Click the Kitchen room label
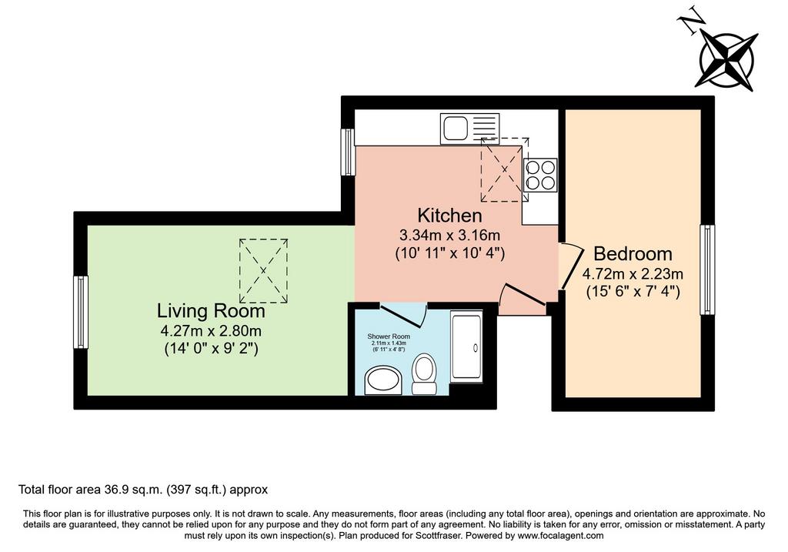tap(449, 215)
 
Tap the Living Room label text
tap(211, 311)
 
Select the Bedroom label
tap(633, 254)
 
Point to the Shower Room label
tap(389, 336)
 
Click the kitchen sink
tap(470, 129)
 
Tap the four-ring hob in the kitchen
tap(541, 175)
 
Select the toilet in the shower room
tap(424, 374)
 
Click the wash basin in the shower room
tap(383, 381)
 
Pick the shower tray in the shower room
tap(467, 346)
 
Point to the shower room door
tap(402, 315)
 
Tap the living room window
tap(81, 313)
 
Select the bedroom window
tap(708, 269)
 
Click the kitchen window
tap(348, 152)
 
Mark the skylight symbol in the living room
tap(263, 271)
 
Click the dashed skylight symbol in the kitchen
tap(505, 170)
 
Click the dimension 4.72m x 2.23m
tap(633, 274)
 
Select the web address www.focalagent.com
tap(560, 535)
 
